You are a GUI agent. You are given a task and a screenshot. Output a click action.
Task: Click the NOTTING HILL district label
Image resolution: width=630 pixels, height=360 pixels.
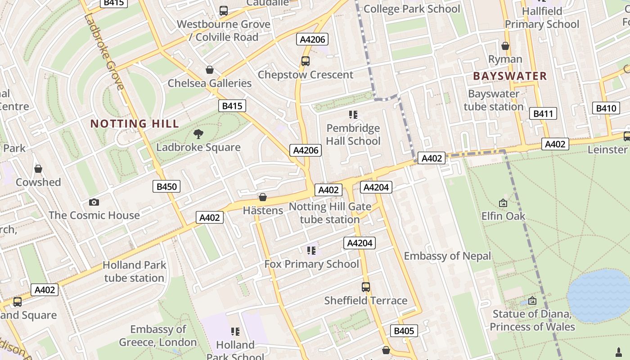pos(135,124)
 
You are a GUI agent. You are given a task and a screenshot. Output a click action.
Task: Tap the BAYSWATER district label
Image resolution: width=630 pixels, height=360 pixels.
pos(510,76)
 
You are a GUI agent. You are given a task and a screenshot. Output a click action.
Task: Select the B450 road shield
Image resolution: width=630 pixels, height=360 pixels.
pos(166,186)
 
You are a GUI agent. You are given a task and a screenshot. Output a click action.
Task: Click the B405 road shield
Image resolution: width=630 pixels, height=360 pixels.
pos(404,331)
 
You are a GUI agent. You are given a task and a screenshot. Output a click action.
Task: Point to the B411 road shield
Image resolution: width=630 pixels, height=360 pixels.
pos(543,113)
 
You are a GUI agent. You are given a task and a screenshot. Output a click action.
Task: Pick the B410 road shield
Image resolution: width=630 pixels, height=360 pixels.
pos(606,108)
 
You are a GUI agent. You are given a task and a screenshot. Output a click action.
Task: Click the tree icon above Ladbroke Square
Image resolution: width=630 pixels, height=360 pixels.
pos(198,134)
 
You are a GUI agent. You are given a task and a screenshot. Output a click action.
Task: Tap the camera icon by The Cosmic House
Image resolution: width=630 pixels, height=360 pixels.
pos(94,202)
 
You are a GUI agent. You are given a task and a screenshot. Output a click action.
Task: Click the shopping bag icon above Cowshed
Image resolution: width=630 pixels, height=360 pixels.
pos(38,169)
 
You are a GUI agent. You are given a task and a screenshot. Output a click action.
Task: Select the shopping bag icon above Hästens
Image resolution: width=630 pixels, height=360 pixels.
pos(263,197)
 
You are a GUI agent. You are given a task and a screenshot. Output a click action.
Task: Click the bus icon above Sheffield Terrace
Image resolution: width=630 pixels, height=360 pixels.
pos(366,287)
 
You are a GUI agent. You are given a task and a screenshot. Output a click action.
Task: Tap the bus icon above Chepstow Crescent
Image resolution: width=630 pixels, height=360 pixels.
pos(306,61)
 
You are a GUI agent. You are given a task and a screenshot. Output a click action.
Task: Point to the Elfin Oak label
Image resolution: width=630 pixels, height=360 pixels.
pos(503,216)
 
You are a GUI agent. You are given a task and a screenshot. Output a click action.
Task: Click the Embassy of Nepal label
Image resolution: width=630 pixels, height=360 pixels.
pos(447,256)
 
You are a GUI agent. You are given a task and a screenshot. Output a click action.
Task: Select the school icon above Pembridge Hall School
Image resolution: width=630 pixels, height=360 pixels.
pos(353,115)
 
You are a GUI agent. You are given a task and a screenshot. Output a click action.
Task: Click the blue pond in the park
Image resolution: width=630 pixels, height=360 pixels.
pos(598,295)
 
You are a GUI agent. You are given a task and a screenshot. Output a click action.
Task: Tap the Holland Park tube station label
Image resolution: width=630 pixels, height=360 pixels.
pos(134,271)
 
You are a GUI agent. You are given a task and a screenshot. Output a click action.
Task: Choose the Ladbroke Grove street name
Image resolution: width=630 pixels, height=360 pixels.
pos(103,52)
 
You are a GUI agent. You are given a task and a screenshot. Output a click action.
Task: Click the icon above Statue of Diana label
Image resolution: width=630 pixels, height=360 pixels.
pos(532,300)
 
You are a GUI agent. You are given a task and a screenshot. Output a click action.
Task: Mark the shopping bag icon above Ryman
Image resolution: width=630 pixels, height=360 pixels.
pos(505,46)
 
